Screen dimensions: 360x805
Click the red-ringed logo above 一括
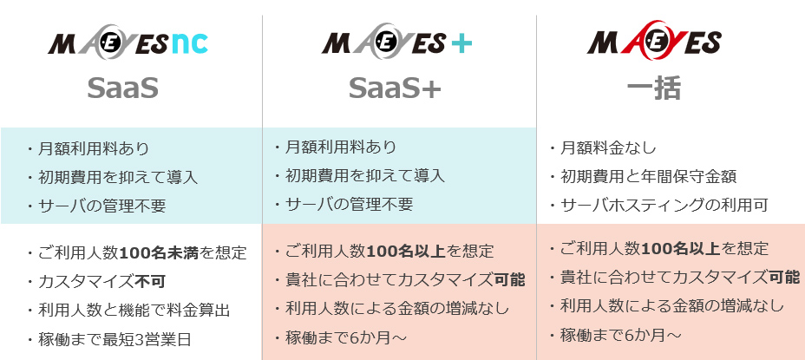pyautogui.click(x=653, y=43)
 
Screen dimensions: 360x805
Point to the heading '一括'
pyautogui.click(x=654, y=88)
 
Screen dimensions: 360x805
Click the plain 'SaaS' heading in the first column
pyautogui.click(x=122, y=88)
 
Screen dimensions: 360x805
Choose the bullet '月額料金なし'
pyautogui.click(x=608, y=147)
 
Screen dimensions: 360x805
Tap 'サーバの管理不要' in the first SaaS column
pyautogui.click(x=101, y=206)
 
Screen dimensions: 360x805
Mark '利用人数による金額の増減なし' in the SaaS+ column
pyautogui.click(x=396, y=308)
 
